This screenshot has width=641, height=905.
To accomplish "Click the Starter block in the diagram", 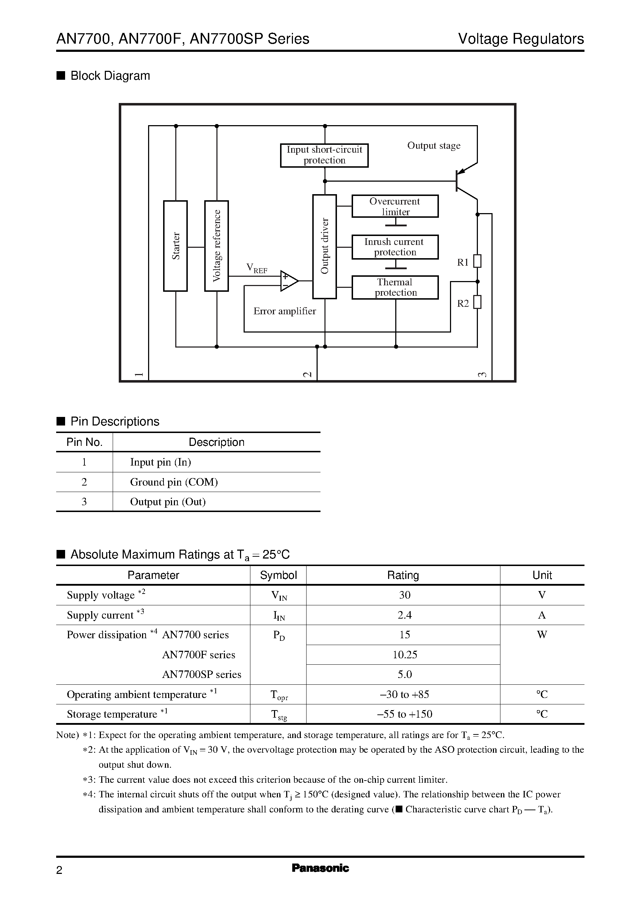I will (175, 246).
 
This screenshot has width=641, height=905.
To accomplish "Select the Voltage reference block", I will (216, 246).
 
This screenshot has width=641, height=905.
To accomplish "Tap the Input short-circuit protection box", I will (324, 155).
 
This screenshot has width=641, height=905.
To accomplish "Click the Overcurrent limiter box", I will (395, 206).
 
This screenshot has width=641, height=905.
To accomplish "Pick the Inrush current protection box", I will (395, 247).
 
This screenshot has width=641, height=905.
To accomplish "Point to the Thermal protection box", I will (395, 287).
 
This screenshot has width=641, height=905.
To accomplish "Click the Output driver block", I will (324, 247).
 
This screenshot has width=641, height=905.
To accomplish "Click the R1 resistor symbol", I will (477, 261).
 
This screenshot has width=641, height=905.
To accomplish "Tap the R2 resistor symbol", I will (477, 302).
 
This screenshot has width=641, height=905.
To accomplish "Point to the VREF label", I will (256, 268).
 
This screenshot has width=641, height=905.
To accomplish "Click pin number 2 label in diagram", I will (307, 374).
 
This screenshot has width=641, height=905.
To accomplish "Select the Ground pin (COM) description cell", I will (174, 482).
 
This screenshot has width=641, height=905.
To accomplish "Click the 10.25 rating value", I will (405, 655).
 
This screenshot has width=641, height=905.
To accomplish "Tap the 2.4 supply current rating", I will (405, 615).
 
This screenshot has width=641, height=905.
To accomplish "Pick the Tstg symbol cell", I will (278, 714).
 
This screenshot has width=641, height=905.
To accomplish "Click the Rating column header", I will (403, 575).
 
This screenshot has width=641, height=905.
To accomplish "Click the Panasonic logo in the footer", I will (320, 868).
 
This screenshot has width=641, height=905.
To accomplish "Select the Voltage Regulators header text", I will (520, 39).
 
